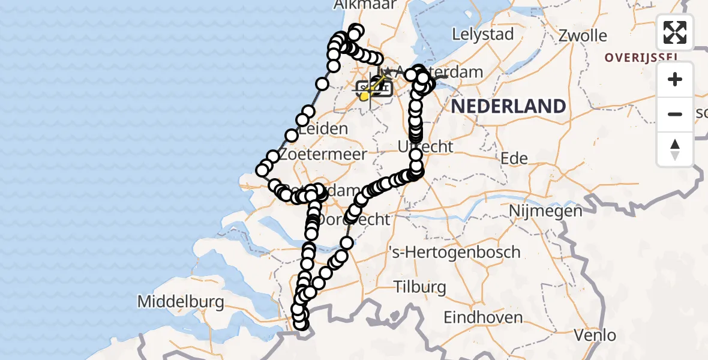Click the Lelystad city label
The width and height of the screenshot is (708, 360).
click(483, 34)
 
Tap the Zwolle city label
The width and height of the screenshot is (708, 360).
click(582, 35)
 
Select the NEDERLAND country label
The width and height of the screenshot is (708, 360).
click(508, 107)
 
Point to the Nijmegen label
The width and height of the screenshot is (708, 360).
click(545, 211)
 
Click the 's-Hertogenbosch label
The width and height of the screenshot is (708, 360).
click(454, 252)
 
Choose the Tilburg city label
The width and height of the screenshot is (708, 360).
click(420, 287)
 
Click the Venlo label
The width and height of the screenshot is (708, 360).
click(595, 335)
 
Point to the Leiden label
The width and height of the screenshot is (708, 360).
click(323, 129)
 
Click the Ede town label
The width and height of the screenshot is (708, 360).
click(515, 158)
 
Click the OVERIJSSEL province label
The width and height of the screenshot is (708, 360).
click(641, 58)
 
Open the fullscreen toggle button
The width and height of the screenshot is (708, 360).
click(675, 32)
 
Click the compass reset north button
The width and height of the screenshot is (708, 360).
click(675, 149)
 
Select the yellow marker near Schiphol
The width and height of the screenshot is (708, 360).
click(364, 95)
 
